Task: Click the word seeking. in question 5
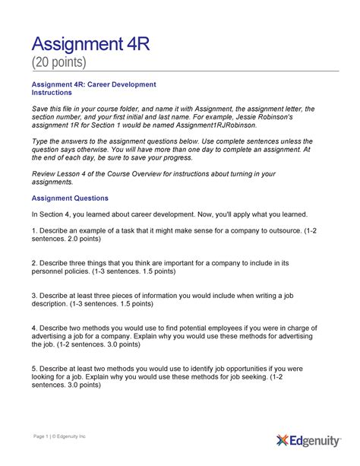pos(239,377)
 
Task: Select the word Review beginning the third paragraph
pos(44,173)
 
